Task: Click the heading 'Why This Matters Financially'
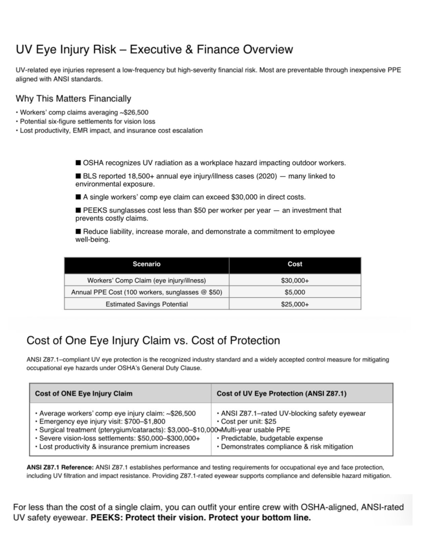point(73,99)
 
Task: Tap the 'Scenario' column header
point(146,264)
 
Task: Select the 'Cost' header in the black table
point(294,264)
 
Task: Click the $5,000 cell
point(294,292)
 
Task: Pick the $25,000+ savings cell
point(294,305)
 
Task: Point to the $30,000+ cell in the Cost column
point(294,280)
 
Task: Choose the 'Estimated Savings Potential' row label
point(146,305)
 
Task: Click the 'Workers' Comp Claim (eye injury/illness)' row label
point(146,280)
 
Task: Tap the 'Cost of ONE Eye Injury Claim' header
point(84,394)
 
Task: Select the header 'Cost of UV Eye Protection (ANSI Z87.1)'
point(282,394)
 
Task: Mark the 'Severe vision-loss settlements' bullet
point(117,438)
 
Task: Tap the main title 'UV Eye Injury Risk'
point(155,50)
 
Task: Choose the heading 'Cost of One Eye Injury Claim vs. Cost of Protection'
point(153,341)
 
